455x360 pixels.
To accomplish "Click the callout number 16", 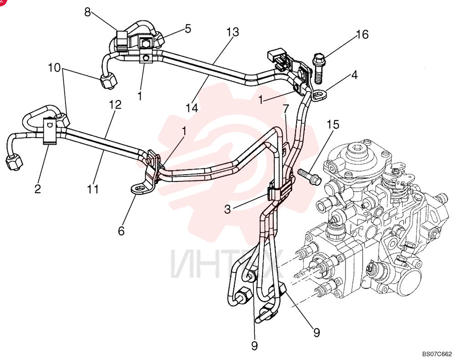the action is pos(362,35).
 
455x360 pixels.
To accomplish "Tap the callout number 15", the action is pos(333,125).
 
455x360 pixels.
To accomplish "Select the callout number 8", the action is pos(88,12).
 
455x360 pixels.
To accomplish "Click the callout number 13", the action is pos(233,32).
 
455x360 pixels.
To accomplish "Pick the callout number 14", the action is pos(192,108).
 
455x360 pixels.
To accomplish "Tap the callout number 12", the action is pos(115,105).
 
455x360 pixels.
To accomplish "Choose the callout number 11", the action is pos(93,189).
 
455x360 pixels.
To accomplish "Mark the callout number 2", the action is pos(38,189).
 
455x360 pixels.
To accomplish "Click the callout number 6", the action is pos(121,231).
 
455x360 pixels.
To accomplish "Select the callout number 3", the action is pos(227,209).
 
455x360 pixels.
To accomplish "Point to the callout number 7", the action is pos(286,109).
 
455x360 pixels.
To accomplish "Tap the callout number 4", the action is pos(354,75).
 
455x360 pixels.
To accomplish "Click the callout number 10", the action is pos(54,68).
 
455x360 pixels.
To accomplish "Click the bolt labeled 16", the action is pos(318,68).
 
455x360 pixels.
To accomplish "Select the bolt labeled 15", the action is pos(309,176).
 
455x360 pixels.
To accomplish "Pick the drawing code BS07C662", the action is pos(437,354).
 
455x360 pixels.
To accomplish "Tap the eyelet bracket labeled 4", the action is pos(319,95).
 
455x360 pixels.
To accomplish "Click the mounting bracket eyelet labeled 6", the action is pos(140,189).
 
